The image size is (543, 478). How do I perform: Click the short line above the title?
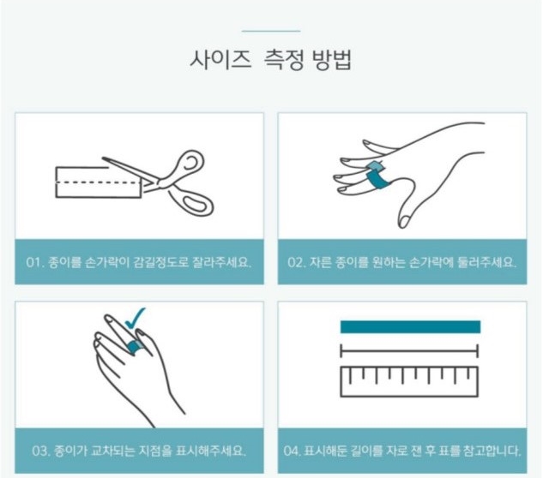click(x=271, y=31)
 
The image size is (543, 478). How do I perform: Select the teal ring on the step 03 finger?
click(x=132, y=345)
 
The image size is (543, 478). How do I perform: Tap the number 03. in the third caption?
click(x=40, y=451)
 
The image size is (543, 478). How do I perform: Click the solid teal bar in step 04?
click(x=410, y=326)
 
